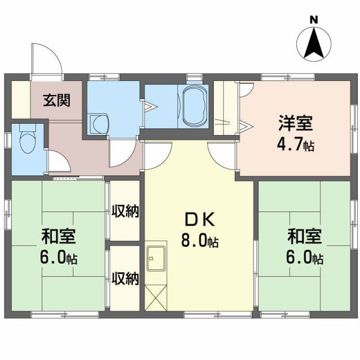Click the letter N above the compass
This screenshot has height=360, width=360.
point(314,21)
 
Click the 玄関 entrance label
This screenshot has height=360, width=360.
point(57,101)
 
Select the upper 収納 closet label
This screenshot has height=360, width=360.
point(125,212)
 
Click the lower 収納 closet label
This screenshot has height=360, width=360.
point(125,278)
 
